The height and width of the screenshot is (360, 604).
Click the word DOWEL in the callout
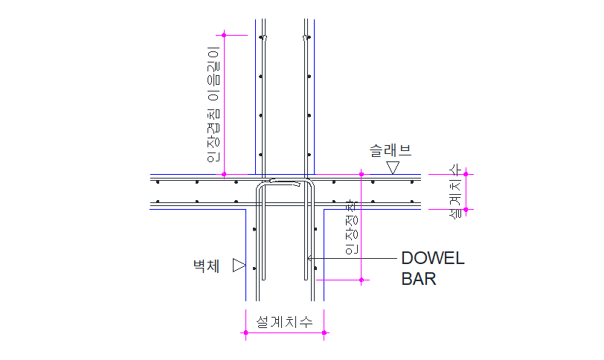point(433,258)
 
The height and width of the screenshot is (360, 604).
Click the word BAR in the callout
point(419,279)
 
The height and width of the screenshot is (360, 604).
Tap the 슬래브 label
point(391,150)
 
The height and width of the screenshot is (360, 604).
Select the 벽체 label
point(207,266)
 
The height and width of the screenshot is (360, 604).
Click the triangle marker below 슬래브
point(393,167)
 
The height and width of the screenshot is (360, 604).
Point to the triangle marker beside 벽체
point(239,266)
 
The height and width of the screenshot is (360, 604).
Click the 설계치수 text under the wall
point(284,321)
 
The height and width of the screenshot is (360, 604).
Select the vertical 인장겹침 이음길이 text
point(213,104)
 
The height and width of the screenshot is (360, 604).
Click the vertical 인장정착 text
point(352,227)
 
